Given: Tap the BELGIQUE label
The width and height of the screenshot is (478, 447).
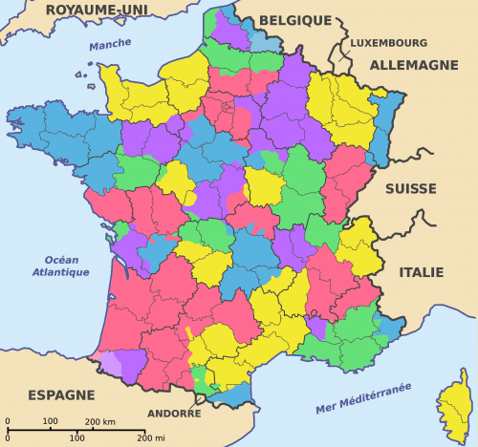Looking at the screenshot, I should pos(294,20).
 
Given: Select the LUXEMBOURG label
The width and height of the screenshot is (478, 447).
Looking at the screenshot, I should pos(387,43).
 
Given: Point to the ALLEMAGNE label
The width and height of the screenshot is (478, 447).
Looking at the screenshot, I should pos(414,65).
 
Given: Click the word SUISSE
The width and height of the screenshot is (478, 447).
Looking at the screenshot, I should pos(411,189).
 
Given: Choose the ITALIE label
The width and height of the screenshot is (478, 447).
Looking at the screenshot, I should pos(421,272).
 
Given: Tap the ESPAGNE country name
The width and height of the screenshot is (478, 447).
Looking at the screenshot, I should pos(61,394).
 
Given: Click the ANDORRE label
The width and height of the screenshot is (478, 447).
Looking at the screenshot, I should pos(176,415).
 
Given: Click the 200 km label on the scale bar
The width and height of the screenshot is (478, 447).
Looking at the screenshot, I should pos(100,421).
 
